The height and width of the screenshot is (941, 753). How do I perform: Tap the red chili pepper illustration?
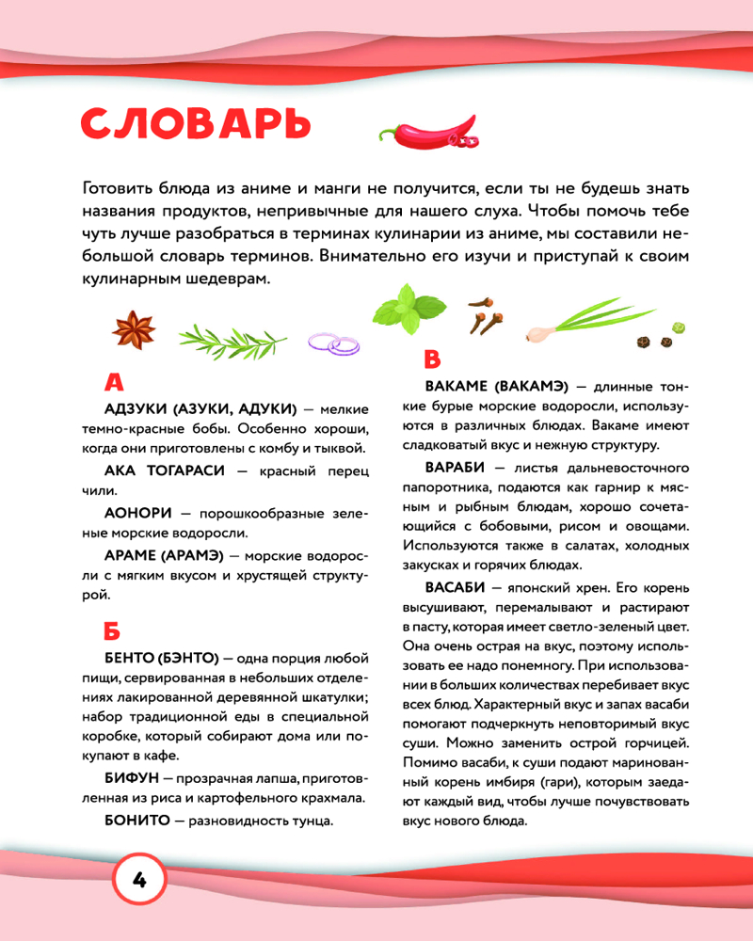[x=428, y=134]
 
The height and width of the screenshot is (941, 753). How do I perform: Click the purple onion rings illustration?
[x=334, y=344]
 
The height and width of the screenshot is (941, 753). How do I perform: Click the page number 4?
[x=138, y=881]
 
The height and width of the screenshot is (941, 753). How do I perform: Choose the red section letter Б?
[x=112, y=630]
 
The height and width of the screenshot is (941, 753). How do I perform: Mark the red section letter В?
[x=432, y=359]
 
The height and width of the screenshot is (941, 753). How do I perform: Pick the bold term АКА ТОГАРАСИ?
[x=165, y=470]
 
